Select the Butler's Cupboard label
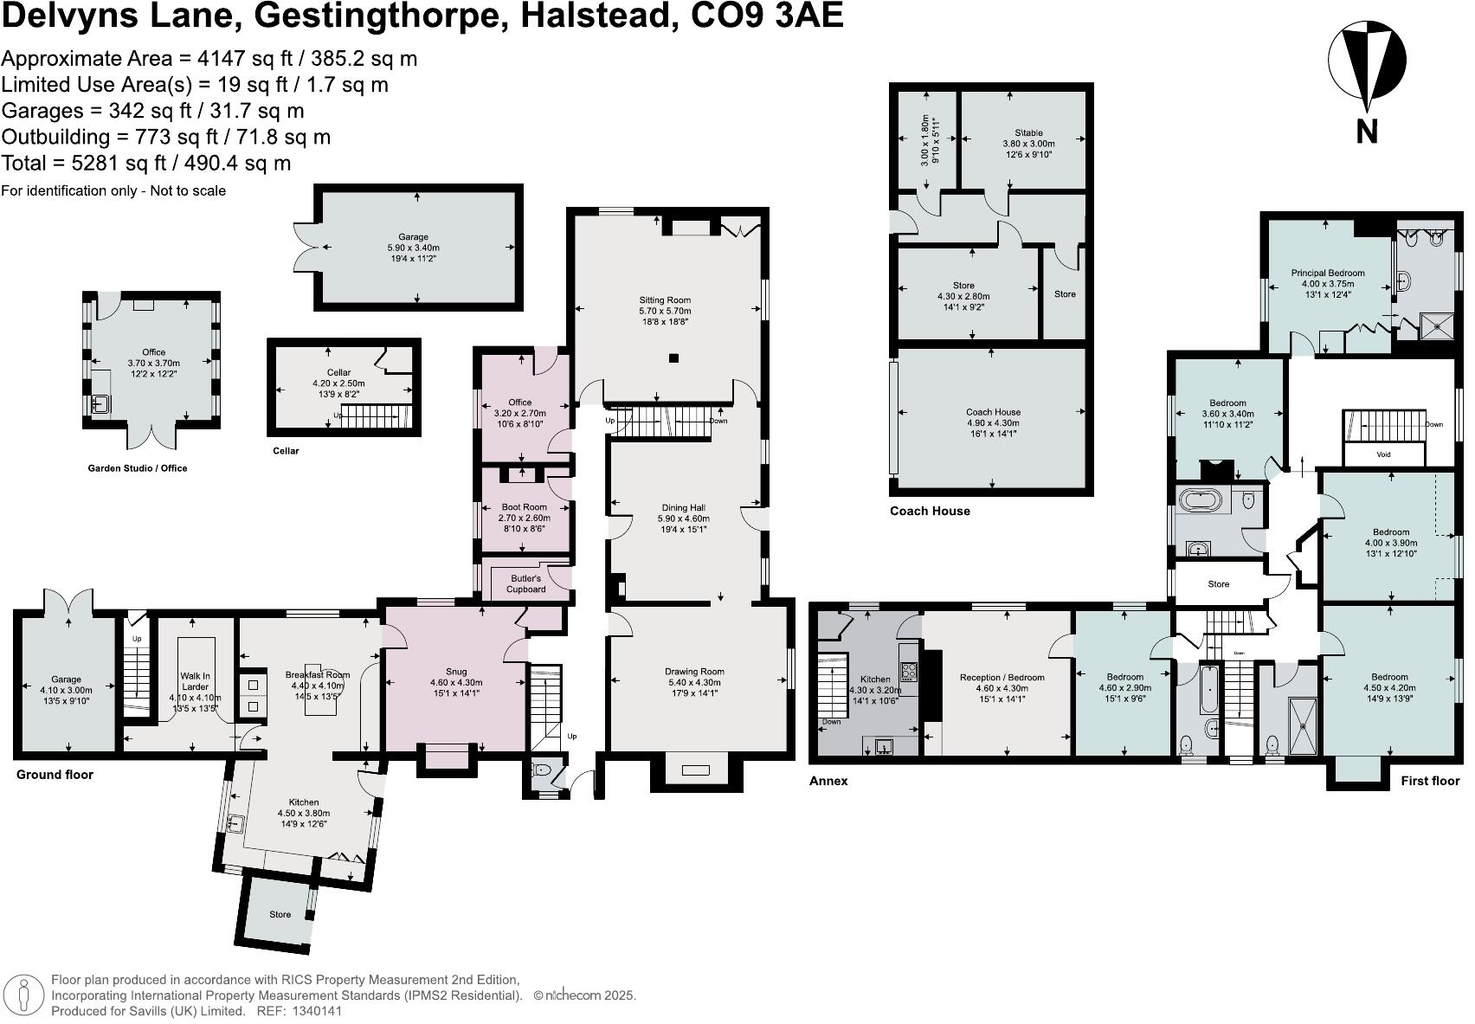[x=525, y=583]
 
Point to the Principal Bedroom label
[x=1327, y=273]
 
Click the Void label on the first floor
[x=1383, y=454]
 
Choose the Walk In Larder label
[x=195, y=681]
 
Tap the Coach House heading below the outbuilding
[x=930, y=511]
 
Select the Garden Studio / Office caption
[x=137, y=468]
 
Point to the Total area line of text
[x=145, y=163]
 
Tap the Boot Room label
[x=524, y=507]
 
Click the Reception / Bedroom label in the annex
[x=1002, y=678]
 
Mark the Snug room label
[x=455, y=671]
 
